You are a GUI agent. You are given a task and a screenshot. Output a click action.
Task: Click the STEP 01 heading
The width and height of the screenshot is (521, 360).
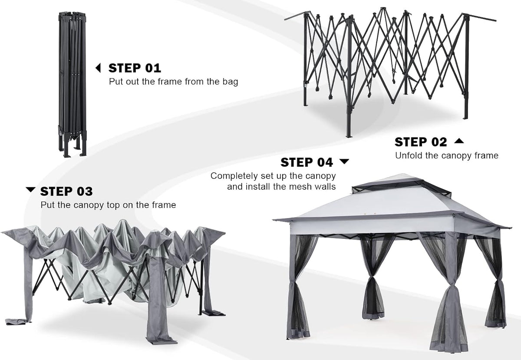click(x=135, y=68)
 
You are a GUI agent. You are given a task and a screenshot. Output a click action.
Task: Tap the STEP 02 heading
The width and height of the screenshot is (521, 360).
click(x=421, y=142)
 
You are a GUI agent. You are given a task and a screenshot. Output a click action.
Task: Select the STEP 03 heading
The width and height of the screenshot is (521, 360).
click(x=66, y=192)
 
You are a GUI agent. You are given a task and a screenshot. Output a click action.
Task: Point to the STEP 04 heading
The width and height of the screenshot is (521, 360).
click(x=307, y=162)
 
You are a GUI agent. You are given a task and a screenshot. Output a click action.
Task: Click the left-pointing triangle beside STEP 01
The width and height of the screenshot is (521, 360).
click(x=98, y=68)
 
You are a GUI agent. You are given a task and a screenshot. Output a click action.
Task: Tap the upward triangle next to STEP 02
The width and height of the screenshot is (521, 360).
click(x=459, y=141)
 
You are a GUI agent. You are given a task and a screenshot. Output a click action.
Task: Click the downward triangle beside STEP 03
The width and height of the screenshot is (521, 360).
click(x=30, y=190)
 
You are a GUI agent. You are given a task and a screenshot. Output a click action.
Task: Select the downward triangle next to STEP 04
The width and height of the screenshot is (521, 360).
click(x=344, y=161)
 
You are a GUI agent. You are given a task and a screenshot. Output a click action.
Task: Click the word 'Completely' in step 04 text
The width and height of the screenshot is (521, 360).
click(x=234, y=176)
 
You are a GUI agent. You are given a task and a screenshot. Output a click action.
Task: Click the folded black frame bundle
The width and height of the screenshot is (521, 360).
click(x=73, y=84)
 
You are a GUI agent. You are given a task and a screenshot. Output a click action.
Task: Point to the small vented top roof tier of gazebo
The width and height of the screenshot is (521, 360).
click(x=401, y=185)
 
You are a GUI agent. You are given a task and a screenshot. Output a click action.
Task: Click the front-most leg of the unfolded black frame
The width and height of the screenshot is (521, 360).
click(x=349, y=77)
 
